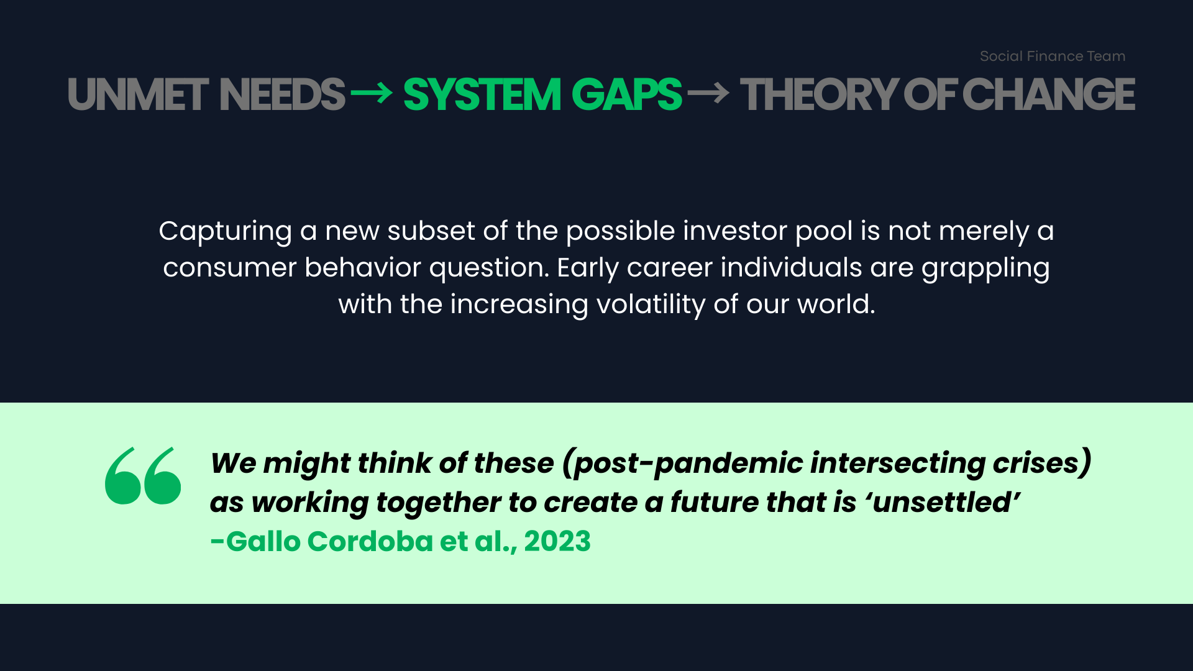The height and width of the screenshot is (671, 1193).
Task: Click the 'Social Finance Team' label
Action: point(1053,56)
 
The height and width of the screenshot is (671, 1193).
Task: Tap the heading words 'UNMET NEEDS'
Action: point(206,95)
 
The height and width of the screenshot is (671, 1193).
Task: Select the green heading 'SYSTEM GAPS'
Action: point(542,95)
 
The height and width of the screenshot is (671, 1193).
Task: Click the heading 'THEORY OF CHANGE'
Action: point(938,95)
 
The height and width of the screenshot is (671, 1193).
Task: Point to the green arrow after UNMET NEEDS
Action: point(372,94)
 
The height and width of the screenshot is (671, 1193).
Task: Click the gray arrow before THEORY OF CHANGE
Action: point(708,94)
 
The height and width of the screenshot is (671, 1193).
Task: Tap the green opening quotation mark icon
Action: point(143,475)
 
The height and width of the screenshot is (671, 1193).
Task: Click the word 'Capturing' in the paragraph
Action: point(226,232)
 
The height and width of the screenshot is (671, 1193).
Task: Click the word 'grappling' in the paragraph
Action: point(985,268)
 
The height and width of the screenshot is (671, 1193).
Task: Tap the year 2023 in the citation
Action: point(557,542)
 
